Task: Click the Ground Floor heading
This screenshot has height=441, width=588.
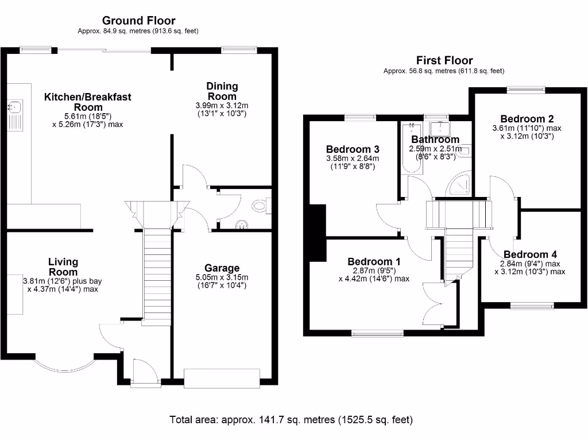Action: coord(138,21)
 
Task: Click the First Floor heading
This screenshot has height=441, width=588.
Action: coord(444,60)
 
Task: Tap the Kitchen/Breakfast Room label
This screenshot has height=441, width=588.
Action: coord(88,102)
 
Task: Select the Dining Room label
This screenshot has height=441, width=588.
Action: coord(222,91)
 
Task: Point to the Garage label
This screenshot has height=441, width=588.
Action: coord(222,268)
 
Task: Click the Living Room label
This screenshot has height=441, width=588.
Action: coord(63,267)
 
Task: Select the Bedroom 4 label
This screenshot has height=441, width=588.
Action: coord(530,254)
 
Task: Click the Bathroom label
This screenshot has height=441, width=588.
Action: coord(435,140)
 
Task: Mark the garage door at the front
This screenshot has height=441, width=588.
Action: coord(222,378)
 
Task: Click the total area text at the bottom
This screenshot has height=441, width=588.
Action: coord(291,419)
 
